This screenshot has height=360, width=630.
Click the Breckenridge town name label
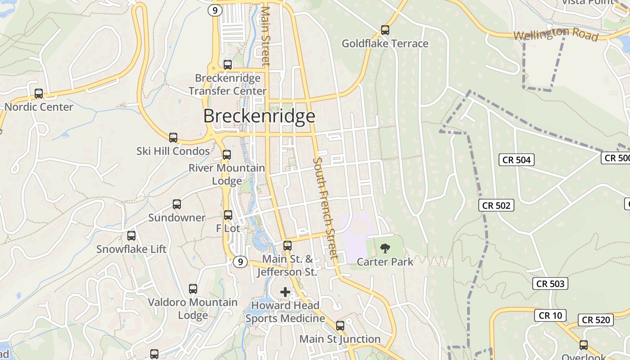259,116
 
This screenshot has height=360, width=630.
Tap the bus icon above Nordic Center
39,94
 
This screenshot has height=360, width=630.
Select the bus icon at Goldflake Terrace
385,30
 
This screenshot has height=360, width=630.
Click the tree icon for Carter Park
385,248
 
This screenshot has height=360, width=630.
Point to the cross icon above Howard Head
285,292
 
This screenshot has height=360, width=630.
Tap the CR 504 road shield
517,160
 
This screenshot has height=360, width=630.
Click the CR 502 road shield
496,206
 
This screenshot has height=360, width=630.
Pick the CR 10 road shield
550,315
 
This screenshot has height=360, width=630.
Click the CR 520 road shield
596,320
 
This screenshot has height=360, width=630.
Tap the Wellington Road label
556,34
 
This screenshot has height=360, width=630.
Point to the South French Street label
325,208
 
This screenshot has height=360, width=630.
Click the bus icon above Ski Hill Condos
173,138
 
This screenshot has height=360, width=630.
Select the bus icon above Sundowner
177,204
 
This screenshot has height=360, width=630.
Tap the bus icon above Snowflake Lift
131,235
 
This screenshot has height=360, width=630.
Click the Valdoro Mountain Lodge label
193,309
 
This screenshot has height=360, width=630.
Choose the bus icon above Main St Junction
340,325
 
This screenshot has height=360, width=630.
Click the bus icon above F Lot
228,215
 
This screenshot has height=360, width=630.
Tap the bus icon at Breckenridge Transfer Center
228,65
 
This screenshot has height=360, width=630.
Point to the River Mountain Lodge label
227,175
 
